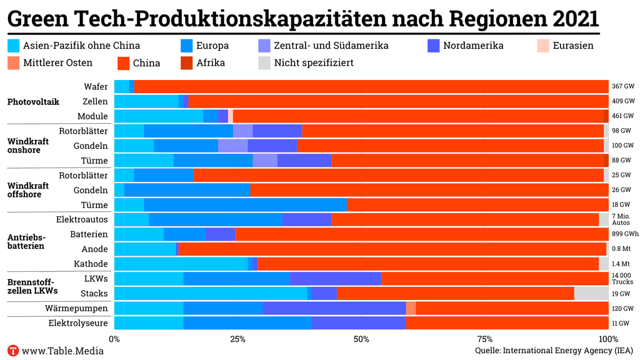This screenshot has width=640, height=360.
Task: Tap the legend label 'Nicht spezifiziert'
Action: (314, 62)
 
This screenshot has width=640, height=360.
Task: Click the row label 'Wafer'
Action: (96, 87)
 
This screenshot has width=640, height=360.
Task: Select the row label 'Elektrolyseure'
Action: (78, 323)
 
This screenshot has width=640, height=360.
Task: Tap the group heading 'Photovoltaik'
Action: (33, 101)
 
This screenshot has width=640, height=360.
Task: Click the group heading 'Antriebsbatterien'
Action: (26, 241)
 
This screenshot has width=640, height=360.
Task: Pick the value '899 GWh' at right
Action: (625, 234)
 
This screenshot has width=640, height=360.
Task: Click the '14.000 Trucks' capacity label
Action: (623, 279)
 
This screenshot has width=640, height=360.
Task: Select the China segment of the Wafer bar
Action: (371, 87)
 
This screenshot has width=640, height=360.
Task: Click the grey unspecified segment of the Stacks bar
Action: (591, 293)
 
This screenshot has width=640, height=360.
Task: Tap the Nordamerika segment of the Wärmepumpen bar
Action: (334, 308)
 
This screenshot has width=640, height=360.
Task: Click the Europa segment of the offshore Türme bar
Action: (245, 205)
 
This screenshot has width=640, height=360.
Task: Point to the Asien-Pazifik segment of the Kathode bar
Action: (181, 264)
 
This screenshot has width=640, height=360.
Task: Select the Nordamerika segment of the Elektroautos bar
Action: (307, 219)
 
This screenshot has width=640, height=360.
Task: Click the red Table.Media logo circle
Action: (12, 351)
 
